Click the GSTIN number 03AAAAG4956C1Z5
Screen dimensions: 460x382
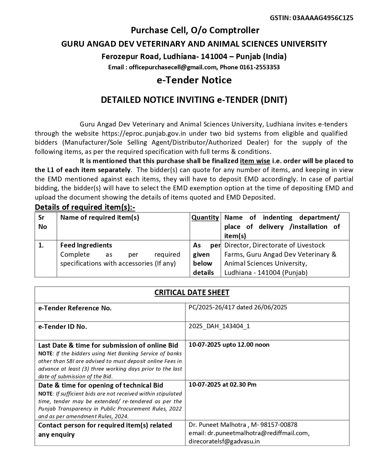[x=323, y=18]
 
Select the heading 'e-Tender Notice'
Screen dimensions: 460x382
[x=194, y=80]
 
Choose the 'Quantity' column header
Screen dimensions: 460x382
[x=205, y=218]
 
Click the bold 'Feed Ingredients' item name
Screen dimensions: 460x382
[x=86, y=245]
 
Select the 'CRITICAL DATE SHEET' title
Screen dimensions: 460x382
[x=192, y=293]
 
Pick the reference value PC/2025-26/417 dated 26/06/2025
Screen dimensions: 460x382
[x=238, y=307]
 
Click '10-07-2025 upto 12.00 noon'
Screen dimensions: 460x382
[x=229, y=345]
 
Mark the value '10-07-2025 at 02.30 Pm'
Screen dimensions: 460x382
[x=222, y=384]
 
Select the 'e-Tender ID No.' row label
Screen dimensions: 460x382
[x=63, y=327]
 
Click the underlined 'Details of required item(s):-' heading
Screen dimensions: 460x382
[x=85, y=207]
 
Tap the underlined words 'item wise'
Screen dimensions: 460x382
[x=255, y=161]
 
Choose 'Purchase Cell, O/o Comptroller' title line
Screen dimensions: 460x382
[x=195, y=30]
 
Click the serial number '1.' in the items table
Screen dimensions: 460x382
[x=41, y=245]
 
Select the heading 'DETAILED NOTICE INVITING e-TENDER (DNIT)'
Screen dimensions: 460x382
[x=194, y=100]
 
